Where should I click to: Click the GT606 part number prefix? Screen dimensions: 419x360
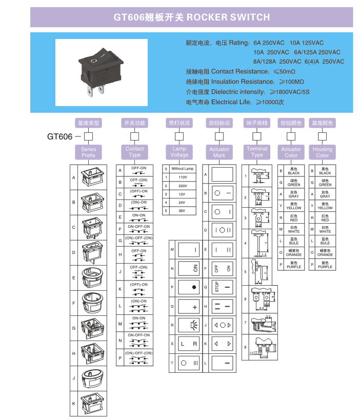[x=59, y=136]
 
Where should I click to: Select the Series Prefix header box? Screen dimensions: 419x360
[x=89, y=152]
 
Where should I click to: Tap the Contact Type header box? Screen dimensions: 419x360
[x=135, y=152]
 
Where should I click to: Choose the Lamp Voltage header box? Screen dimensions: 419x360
[x=179, y=152]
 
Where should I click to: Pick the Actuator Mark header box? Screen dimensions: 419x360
[x=219, y=152]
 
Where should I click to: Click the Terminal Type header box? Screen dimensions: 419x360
[x=257, y=152]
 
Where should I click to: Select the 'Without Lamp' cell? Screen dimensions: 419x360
[x=183, y=169]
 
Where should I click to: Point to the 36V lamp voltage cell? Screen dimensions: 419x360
[x=183, y=210]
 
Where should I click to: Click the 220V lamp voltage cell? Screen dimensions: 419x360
[x=183, y=186]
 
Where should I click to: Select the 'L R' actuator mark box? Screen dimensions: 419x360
[x=189, y=344]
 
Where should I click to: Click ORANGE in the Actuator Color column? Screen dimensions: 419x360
[x=294, y=253]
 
